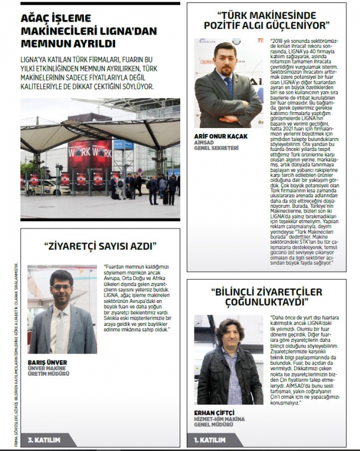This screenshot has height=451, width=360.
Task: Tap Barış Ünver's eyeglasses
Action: (x=60, y=288)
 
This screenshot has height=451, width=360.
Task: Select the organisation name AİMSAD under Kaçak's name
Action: (x=204, y=142)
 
